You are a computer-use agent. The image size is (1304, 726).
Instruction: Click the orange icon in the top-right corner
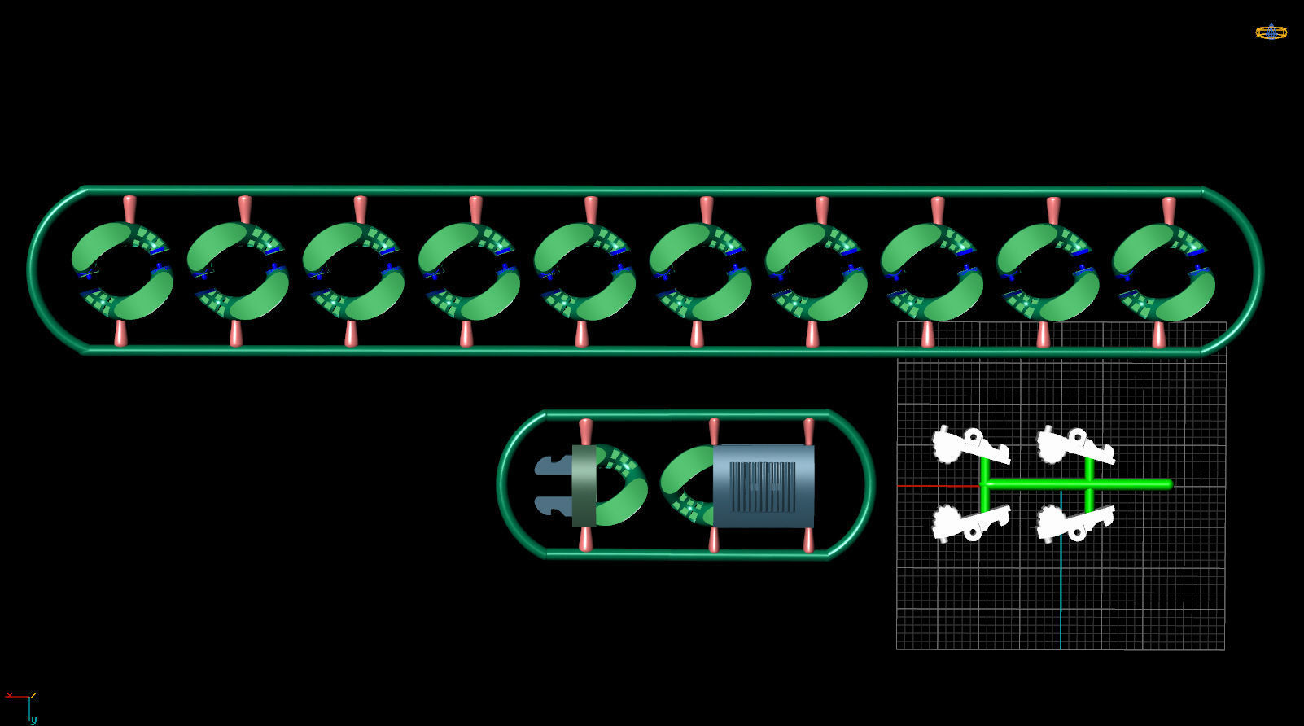(x=1271, y=33)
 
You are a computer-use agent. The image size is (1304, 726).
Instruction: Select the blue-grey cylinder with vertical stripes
(x=763, y=486)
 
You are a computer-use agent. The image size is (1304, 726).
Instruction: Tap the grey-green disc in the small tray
(x=584, y=486)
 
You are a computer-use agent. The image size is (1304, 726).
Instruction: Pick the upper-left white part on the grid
(x=969, y=445)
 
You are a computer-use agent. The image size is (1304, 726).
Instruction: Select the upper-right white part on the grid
(x=1074, y=445)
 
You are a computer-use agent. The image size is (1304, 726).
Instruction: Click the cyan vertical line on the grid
(x=1061, y=586)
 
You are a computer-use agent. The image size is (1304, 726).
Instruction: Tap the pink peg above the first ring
(x=129, y=209)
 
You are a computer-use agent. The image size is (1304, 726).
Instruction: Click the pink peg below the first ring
(x=120, y=333)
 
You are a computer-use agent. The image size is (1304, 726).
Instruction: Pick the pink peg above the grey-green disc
(x=585, y=431)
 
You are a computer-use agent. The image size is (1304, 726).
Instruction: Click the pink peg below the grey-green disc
(x=585, y=539)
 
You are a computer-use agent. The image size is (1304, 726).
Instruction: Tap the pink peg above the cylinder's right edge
(x=808, y=431)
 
